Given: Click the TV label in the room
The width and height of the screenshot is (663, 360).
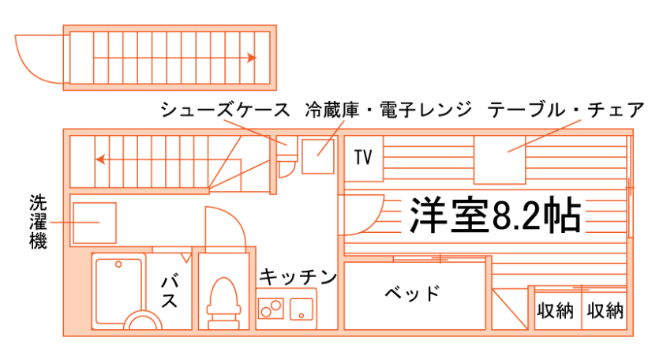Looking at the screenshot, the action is coord(362,157).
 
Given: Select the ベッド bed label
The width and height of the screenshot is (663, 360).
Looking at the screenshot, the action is coord(412,294).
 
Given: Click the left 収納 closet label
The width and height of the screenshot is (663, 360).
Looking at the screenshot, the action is coord(555,311).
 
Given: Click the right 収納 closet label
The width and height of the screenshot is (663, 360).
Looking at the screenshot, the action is coord(605,311).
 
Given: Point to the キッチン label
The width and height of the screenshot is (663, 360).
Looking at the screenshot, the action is coord(298,276).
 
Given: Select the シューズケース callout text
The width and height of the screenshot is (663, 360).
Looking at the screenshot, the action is coord(225,110).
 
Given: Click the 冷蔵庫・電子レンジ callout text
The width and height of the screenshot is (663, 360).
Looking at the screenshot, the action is coord(388,110).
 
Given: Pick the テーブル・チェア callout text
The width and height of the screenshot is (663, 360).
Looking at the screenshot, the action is coord(566,110).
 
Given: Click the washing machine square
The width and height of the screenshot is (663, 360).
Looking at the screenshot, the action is coord(94,223).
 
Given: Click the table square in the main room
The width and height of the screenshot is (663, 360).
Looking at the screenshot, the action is coord(499,159).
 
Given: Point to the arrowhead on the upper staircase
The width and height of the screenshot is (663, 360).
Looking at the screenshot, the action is coord(252,58).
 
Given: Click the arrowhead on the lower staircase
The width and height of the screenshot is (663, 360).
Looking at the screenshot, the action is coord(100,159).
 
